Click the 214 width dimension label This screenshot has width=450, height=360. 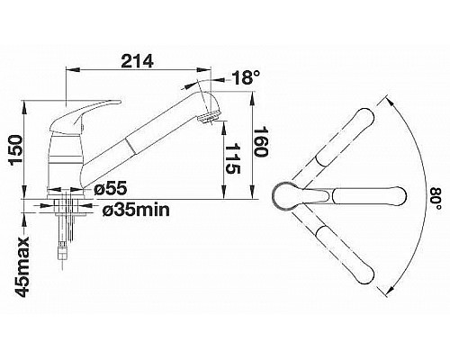pyautogui.click(x=137, y=61)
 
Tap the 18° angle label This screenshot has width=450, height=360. pyautogui.click(x=245, y=77)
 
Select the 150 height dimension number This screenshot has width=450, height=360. pyautogui.click(x=16, y=150)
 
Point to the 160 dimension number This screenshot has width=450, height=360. pyautogui.click(x=260, y=141)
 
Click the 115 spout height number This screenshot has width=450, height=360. pyautogui.click(x=232, y=159)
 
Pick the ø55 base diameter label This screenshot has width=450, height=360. pyautogui.click(x=111, y=189)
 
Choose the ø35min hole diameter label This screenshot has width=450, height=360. pyautogui.click(x=136, y=211)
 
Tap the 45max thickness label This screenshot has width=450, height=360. pyautogui.click(x=22, y=266)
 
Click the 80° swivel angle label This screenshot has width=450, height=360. pyautogui.click(x=436, y=199)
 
